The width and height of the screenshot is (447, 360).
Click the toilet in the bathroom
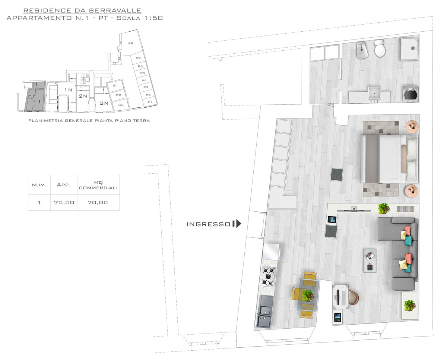pyautogui.click(x=380, y=49)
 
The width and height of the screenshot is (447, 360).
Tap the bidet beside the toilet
pyautogui.click(x=362, y=50)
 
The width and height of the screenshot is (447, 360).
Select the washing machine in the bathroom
pyautogui.click(x=410, y=94)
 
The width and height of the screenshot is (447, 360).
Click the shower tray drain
pyautogui.click(x=413, y=48)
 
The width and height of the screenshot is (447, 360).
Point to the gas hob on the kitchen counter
pyautogui.click(x=268, y=277)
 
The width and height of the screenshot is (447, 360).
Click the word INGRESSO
pyautogui.click(x=208, y=224)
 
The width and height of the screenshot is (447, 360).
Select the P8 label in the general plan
pyautogui.click(x=131, y=43)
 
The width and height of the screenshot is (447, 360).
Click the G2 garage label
pyautogui.click(x=118, y=95)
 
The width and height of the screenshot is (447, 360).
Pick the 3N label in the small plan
pyautogui.click(x=104, y=103)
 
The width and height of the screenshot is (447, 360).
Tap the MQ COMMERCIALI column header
pyautogui.click(x=98, y=185)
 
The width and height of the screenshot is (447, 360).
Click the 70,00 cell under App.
pyautogui.click(x=64, y=202)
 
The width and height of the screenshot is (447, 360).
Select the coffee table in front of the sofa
pyautogui.click(x=370, y=260)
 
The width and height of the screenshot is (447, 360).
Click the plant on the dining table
pyautogui.click(x=308, y=296)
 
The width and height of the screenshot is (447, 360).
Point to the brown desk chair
pyautogui.click(x=354, y=297)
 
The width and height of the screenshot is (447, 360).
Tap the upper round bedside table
pyautogui.click(x=412, y=127)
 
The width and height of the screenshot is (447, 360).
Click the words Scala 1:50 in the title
pyautogui.click(x=140, y=18)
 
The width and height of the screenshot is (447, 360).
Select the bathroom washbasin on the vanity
pyautogui.click(x=374, y=94)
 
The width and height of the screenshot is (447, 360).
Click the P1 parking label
pyautogui.click(x=150, y=102)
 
